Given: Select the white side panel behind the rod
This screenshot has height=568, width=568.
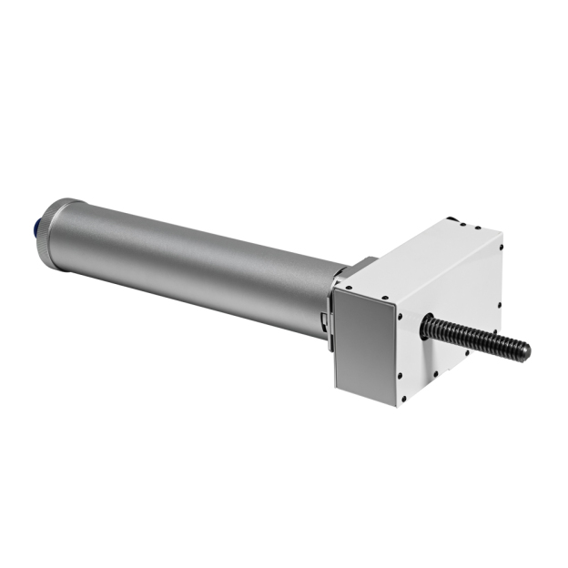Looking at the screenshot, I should point(455,309).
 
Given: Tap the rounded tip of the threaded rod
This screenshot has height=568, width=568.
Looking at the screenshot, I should point(524,350).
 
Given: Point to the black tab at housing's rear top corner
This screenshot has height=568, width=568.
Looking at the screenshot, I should point(451,220).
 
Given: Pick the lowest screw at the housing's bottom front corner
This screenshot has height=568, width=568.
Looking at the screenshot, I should point(400,401).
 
